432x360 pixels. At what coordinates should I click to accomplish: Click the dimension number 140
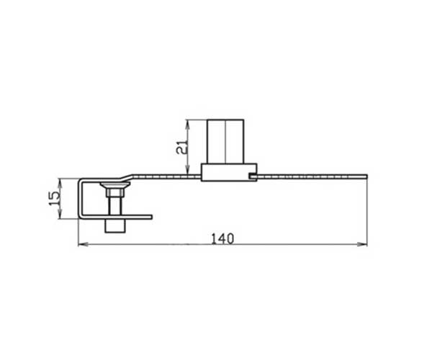click(222, 239)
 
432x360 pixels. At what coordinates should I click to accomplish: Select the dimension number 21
click(182, 147)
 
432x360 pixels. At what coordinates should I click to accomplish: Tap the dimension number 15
click(54, 198)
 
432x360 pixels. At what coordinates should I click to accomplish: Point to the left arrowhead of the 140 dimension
click(83, 244)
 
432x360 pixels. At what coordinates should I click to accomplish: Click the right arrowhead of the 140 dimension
click(363, 244)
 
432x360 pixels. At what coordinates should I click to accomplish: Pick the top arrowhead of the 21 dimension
click(187, 125)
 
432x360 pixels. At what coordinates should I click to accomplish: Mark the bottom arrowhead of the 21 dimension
click(187, 170)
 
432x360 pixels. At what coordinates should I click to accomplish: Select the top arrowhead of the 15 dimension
click(60, 183)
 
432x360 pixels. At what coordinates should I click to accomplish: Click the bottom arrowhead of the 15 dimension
click(60, 215)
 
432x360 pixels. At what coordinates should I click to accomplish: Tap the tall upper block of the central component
click(225, 142)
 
